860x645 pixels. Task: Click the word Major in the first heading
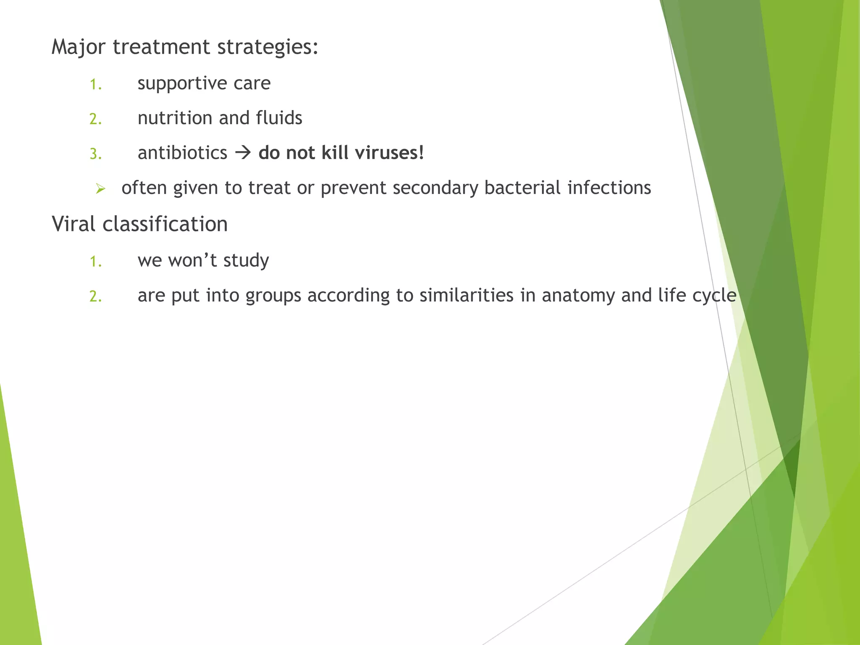point(78,47)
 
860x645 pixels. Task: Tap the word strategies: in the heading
point(267,47)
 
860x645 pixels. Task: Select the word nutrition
point(175,118)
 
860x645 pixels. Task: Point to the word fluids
point(279,118)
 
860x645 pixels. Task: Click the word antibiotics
point(182,153)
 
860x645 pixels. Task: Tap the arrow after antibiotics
point(243,153)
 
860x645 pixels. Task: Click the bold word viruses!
point(389,153)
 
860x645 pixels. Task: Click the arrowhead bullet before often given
point(100,189)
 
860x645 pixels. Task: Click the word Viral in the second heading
point(73,224)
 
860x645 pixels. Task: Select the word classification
point(165,224)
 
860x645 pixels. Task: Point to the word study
point(246,261)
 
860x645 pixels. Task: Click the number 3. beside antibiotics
point(96,154)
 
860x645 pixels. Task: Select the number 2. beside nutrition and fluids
point(96,119)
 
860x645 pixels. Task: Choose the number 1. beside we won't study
point(96,262)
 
